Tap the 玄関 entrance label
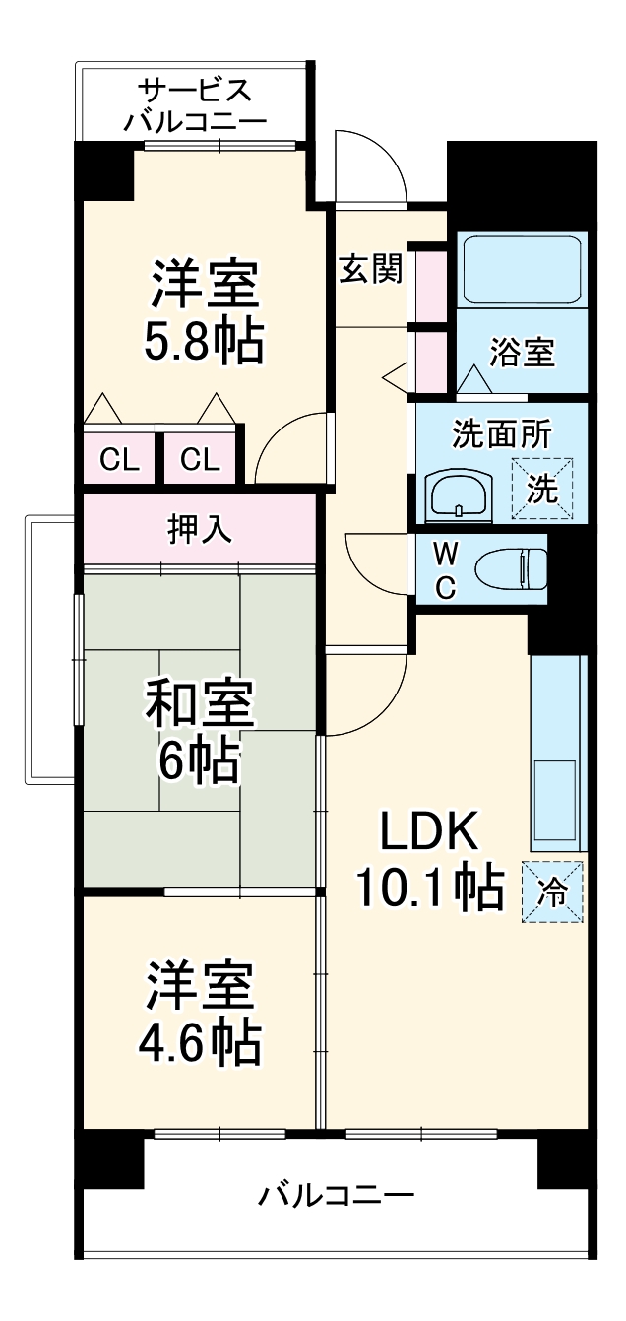click(x=371, y=269)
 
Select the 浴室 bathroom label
click(x=522, y=352)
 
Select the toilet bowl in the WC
click(x=512, y=568)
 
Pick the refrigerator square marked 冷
click(x=552, y=892)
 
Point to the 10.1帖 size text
click(x=429, y=889)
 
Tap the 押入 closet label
click(x=200, y=529)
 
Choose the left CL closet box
click(x=119, y=459)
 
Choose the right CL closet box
click(x=200, y=459)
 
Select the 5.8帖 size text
click(x=206, y=341)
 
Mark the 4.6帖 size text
click(x=204, y=1041)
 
